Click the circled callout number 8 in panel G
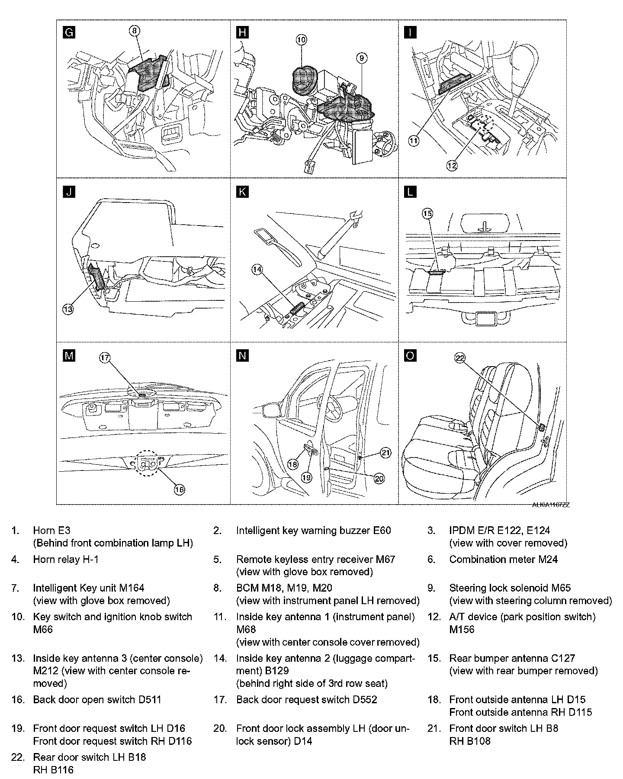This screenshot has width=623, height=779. coord(134,30)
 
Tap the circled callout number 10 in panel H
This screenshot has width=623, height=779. coord(301,40)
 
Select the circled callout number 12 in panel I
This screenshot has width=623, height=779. coord(452,165)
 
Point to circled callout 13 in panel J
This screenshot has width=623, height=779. coord(68,309)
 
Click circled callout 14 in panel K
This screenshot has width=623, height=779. coord(257,269)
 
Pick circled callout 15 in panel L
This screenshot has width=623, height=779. coord(427,213)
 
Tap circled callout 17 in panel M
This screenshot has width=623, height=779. coord(105,357)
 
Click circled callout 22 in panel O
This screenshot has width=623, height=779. coord(459,357)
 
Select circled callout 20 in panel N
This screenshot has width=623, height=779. coord(379,478)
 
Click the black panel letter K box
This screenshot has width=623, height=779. coord(243,192)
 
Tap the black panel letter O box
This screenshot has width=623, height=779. coord(410,356)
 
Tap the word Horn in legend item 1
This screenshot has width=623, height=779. coord(45,530)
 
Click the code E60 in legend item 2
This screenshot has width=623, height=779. coord(382,530)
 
